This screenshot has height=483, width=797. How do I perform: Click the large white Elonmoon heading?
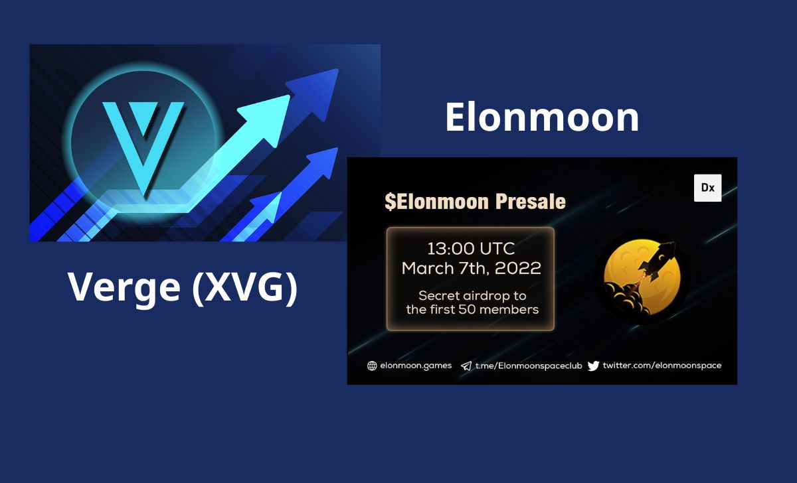[542, 117]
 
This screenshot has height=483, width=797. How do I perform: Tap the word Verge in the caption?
[124, 287]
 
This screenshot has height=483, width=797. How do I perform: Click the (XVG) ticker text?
[244, 287]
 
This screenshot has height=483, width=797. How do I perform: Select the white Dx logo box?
[708, 188]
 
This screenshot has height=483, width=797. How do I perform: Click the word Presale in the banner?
[531, 202]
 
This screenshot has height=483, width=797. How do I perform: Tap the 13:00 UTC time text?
[471, 249]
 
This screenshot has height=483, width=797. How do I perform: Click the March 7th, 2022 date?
[472, 268]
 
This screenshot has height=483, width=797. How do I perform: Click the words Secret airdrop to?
[472, 295]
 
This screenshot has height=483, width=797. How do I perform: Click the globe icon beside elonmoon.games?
[372, 366]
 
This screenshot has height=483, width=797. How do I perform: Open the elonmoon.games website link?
[416, 366]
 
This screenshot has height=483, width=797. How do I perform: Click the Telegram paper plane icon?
[466, 366]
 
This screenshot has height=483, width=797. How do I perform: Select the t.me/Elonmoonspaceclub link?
[529, 366]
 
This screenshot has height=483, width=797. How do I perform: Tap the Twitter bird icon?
[593, 366]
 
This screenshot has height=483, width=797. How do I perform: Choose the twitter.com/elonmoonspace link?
[662, 366]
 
